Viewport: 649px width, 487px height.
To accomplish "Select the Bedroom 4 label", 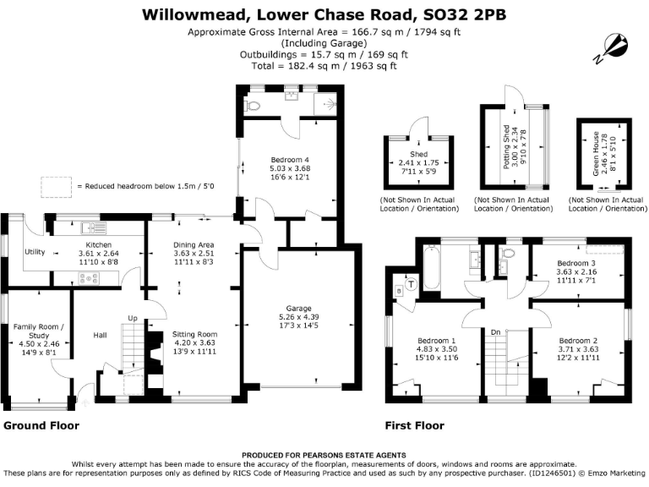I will coord(289,159).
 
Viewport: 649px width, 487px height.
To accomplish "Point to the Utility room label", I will coord(35,252).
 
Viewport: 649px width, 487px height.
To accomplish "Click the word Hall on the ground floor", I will coord(100,333).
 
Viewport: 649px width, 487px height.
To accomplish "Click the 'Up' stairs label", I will coord(131,318).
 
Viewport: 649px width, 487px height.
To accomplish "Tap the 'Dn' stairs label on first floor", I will coord(497,332).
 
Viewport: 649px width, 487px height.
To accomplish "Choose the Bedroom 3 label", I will coord(576,263).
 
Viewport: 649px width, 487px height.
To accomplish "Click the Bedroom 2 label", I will coord(578,340).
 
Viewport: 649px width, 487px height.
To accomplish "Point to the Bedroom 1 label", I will coord(436,340).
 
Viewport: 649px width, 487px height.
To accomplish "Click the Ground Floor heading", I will coord(41,425).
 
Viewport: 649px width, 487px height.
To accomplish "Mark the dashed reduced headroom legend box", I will coord(55,185).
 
